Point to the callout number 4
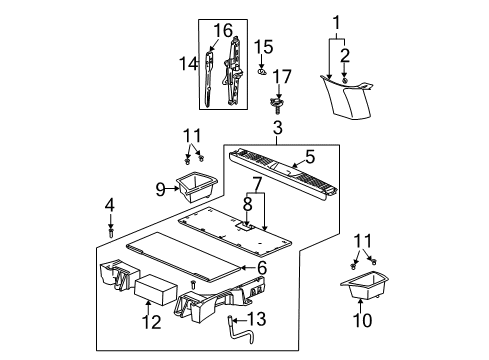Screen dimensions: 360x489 point(111,206)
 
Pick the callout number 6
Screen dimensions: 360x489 point(262,269)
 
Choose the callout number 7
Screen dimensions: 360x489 point(256,184)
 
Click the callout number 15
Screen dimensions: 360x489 point(264,47)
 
